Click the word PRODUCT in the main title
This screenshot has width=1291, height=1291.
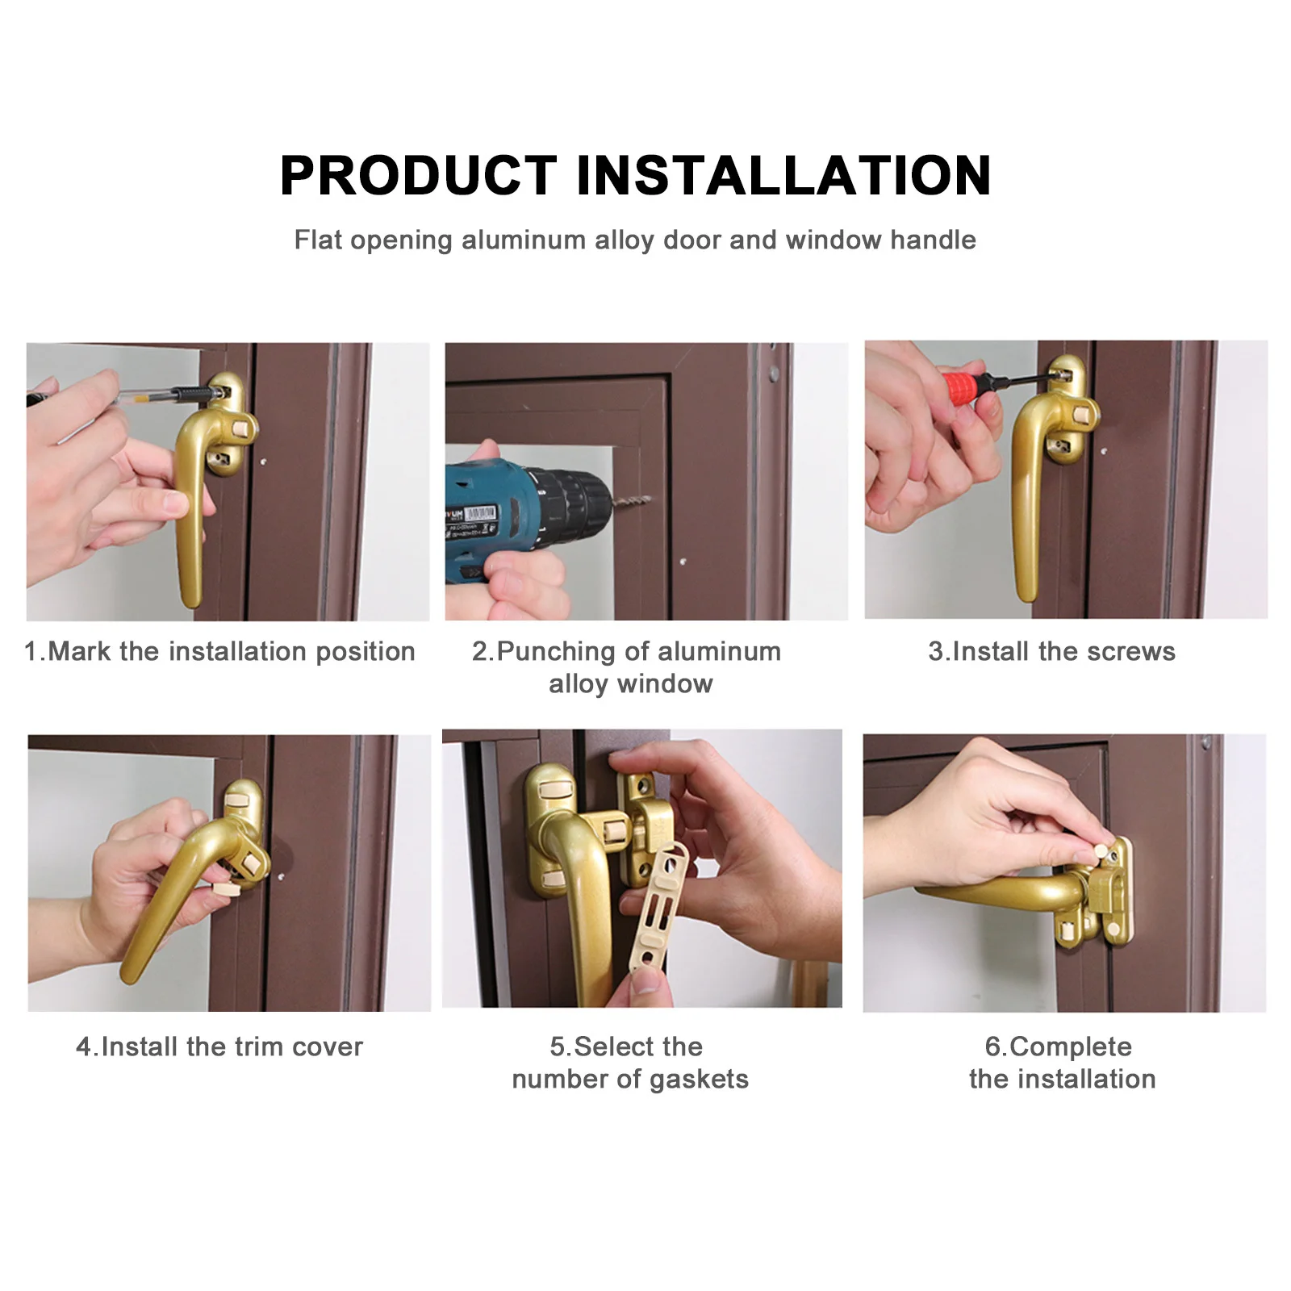[x=418, y=175]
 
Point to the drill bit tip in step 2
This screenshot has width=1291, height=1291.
[x=645, y=500]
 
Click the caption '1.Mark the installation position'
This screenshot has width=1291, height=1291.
[x=219, y=651]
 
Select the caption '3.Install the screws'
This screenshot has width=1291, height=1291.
[x=1051, y=651]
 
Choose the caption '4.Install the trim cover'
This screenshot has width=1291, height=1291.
[x=219, y=1047]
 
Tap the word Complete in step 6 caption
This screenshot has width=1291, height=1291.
[x=1070, y=1047]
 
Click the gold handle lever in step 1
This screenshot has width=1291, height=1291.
[x=190, y=516]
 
